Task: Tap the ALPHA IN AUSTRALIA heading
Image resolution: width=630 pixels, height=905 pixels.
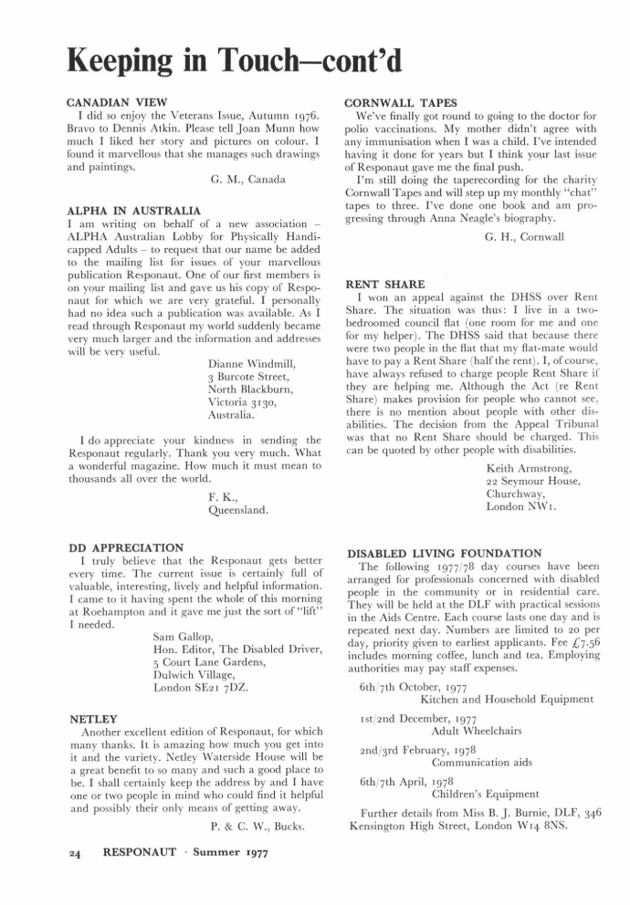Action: click(134, 210)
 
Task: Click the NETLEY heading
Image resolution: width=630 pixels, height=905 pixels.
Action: click(94, 719)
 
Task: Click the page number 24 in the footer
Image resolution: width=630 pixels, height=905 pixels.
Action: click(76, 855)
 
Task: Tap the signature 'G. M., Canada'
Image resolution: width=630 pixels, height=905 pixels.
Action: click(247, 180)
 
